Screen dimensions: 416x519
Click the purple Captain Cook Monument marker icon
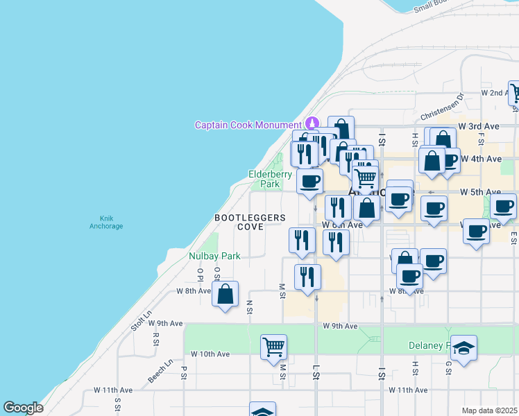pos(312,123)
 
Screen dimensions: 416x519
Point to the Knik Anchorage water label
pos(106,223)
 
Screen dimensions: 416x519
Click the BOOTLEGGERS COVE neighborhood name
pos(250,222)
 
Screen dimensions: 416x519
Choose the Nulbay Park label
pos(214,256)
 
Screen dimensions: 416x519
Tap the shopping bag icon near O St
pos(226,294)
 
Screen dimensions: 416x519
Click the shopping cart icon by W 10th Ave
pos(274,347)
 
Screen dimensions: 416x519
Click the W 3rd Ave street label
pos(479,127)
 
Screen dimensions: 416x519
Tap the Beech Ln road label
pos(160,371)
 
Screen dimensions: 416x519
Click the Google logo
pos(23,408)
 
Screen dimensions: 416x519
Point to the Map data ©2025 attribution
pos(488,410)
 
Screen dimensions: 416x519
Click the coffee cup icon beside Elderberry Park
pos(309,182)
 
